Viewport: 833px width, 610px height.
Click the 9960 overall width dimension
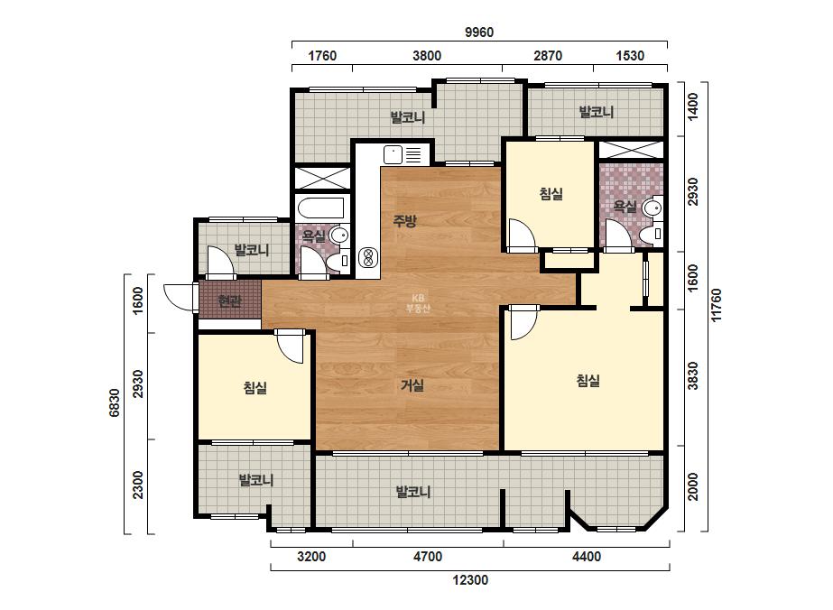click(479, 32)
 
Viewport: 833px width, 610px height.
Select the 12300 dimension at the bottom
click(470, 579)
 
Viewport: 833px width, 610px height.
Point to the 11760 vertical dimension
click(716, 305)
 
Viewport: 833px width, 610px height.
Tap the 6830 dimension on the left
click(115, 402)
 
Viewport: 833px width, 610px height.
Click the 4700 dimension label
click(428, 557)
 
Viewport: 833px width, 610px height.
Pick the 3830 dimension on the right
click(693, 375)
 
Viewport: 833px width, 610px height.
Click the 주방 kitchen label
click(405, 220)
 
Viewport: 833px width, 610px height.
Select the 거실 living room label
click(412, 385)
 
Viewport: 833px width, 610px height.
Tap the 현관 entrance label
click(229, 300)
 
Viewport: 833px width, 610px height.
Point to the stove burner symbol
click(366, 258)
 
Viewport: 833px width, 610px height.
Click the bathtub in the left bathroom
click(321, 208)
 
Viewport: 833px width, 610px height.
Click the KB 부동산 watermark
click(418, 303)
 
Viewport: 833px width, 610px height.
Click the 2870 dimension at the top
click(547, 56)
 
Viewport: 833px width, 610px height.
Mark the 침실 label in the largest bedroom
click(588, 381)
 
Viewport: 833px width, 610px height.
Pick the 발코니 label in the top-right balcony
click(596, 112)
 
